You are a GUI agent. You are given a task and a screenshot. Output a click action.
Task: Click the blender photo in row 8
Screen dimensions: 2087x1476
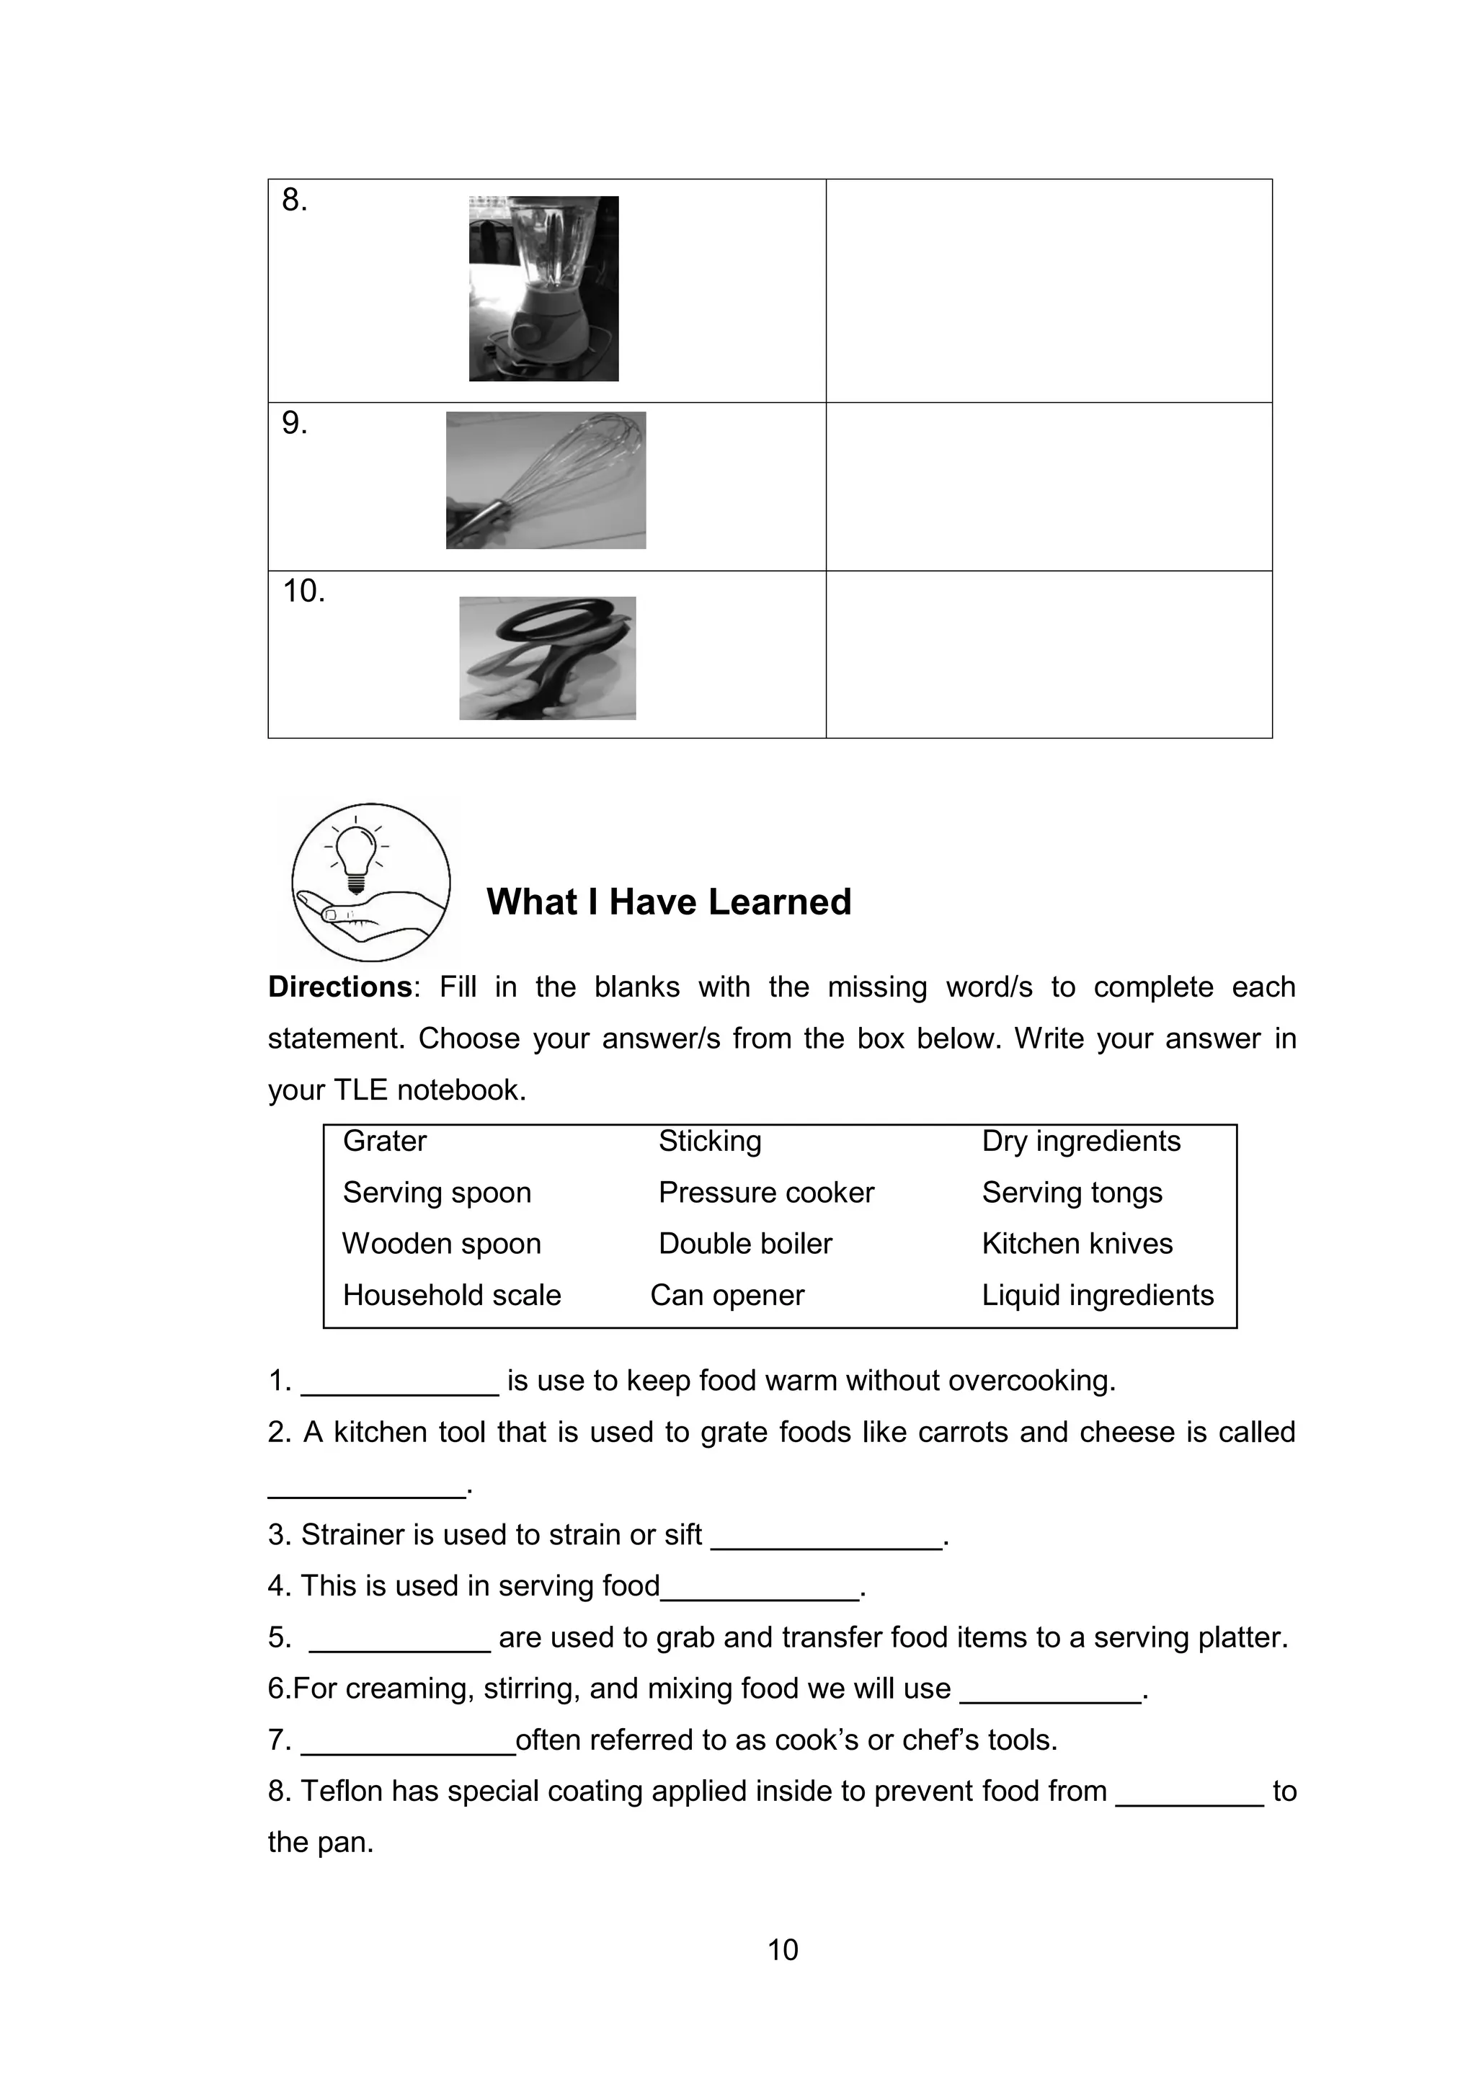pos(543,288)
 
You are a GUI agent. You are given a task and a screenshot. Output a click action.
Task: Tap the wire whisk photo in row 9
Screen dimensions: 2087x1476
pos(546,480)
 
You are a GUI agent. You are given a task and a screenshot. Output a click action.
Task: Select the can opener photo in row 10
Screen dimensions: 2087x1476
pos(547,658)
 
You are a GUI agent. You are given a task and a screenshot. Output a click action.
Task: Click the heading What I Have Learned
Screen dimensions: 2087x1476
pos(668,902)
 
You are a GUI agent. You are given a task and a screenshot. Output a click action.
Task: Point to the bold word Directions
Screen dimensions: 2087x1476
pos(340,987)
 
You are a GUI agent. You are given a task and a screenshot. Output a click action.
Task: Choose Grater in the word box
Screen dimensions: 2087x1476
pos(384,1141)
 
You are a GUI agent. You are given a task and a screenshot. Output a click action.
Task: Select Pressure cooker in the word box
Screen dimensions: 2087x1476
pos(766,1193)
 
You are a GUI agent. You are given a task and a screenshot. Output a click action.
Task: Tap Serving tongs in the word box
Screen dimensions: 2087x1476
pos(1072,1193)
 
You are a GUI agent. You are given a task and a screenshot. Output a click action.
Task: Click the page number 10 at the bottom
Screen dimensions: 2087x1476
pos(783,1950)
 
